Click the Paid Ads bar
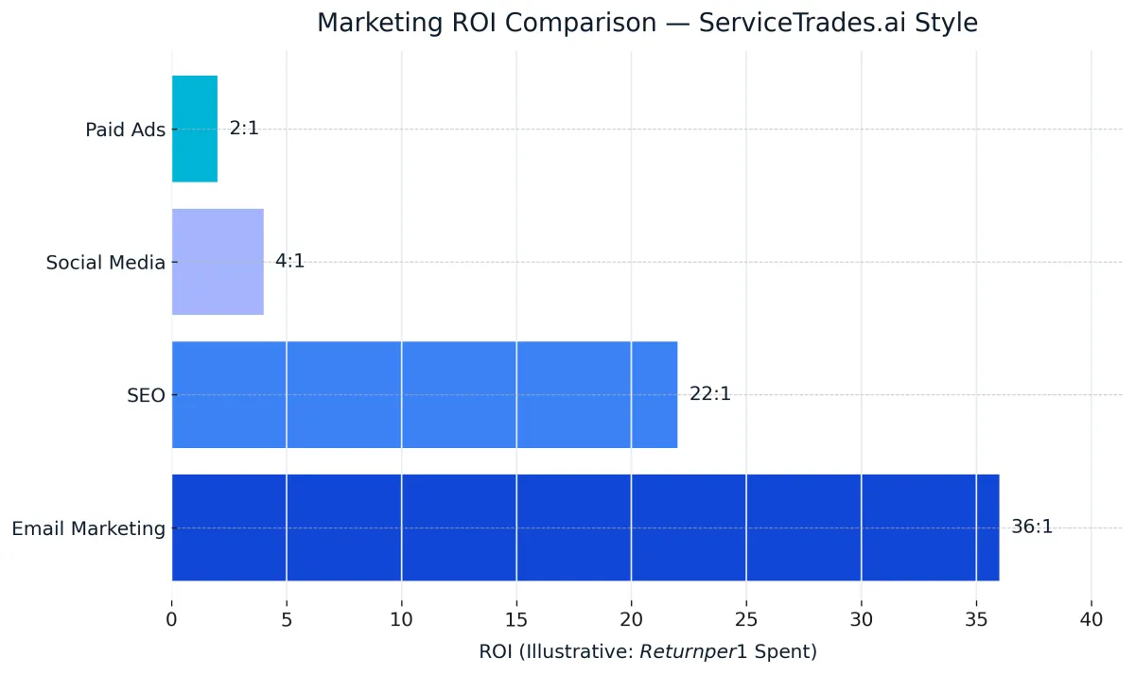point(195,129)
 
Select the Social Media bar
point(218,262)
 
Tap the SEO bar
point(425,394)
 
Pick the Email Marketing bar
point(585,527)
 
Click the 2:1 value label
point(244,129)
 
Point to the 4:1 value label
point(289,262)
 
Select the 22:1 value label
point(709,394)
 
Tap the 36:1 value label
point(1031,527)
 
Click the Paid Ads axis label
point(125,130)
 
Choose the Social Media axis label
point(105,263)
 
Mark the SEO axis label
point(146,395)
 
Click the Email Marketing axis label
point(88,528)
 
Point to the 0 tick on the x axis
point(172,620)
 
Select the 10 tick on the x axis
point(402,620)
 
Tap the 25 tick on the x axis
point(746,620)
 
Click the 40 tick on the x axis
point(1091,620)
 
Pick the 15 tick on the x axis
point(516,620)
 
